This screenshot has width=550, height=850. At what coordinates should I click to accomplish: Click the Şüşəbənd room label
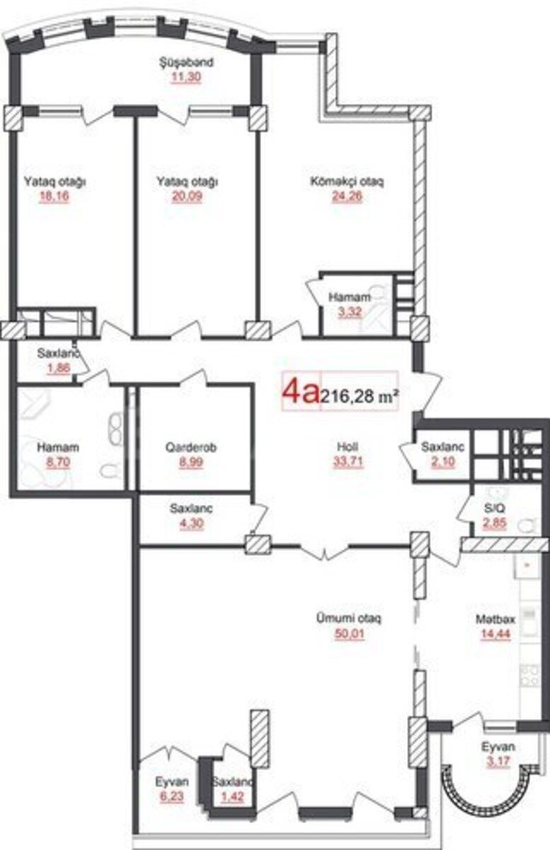coord(186,62)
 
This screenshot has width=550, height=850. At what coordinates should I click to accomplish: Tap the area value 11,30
coord(186,77)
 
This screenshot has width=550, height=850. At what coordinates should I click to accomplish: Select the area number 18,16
coord(55,197)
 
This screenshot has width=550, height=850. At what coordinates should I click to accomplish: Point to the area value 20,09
coord(187,197)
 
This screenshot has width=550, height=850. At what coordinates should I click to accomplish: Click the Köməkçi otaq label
coord(347,181)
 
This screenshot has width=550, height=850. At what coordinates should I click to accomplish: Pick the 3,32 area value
coord(350,312)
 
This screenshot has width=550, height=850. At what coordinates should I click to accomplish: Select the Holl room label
coord(348,447)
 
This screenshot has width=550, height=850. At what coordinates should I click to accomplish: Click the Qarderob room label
coord(191,448)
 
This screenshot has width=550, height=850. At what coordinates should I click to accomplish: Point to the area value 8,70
coord(58,463)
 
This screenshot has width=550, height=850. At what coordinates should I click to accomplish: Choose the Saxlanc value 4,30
coord(191,523)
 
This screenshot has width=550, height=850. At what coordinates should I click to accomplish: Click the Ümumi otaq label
coord(348,618)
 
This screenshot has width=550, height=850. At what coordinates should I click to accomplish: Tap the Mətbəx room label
coord(495,619)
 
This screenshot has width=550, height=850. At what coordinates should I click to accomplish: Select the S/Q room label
coord(495,508)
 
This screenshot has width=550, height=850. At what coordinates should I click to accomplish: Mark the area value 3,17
coord(499,761)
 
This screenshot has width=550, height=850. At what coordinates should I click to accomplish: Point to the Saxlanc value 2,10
coord(443,462)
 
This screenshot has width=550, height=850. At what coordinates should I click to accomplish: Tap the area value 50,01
coord(350,634)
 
